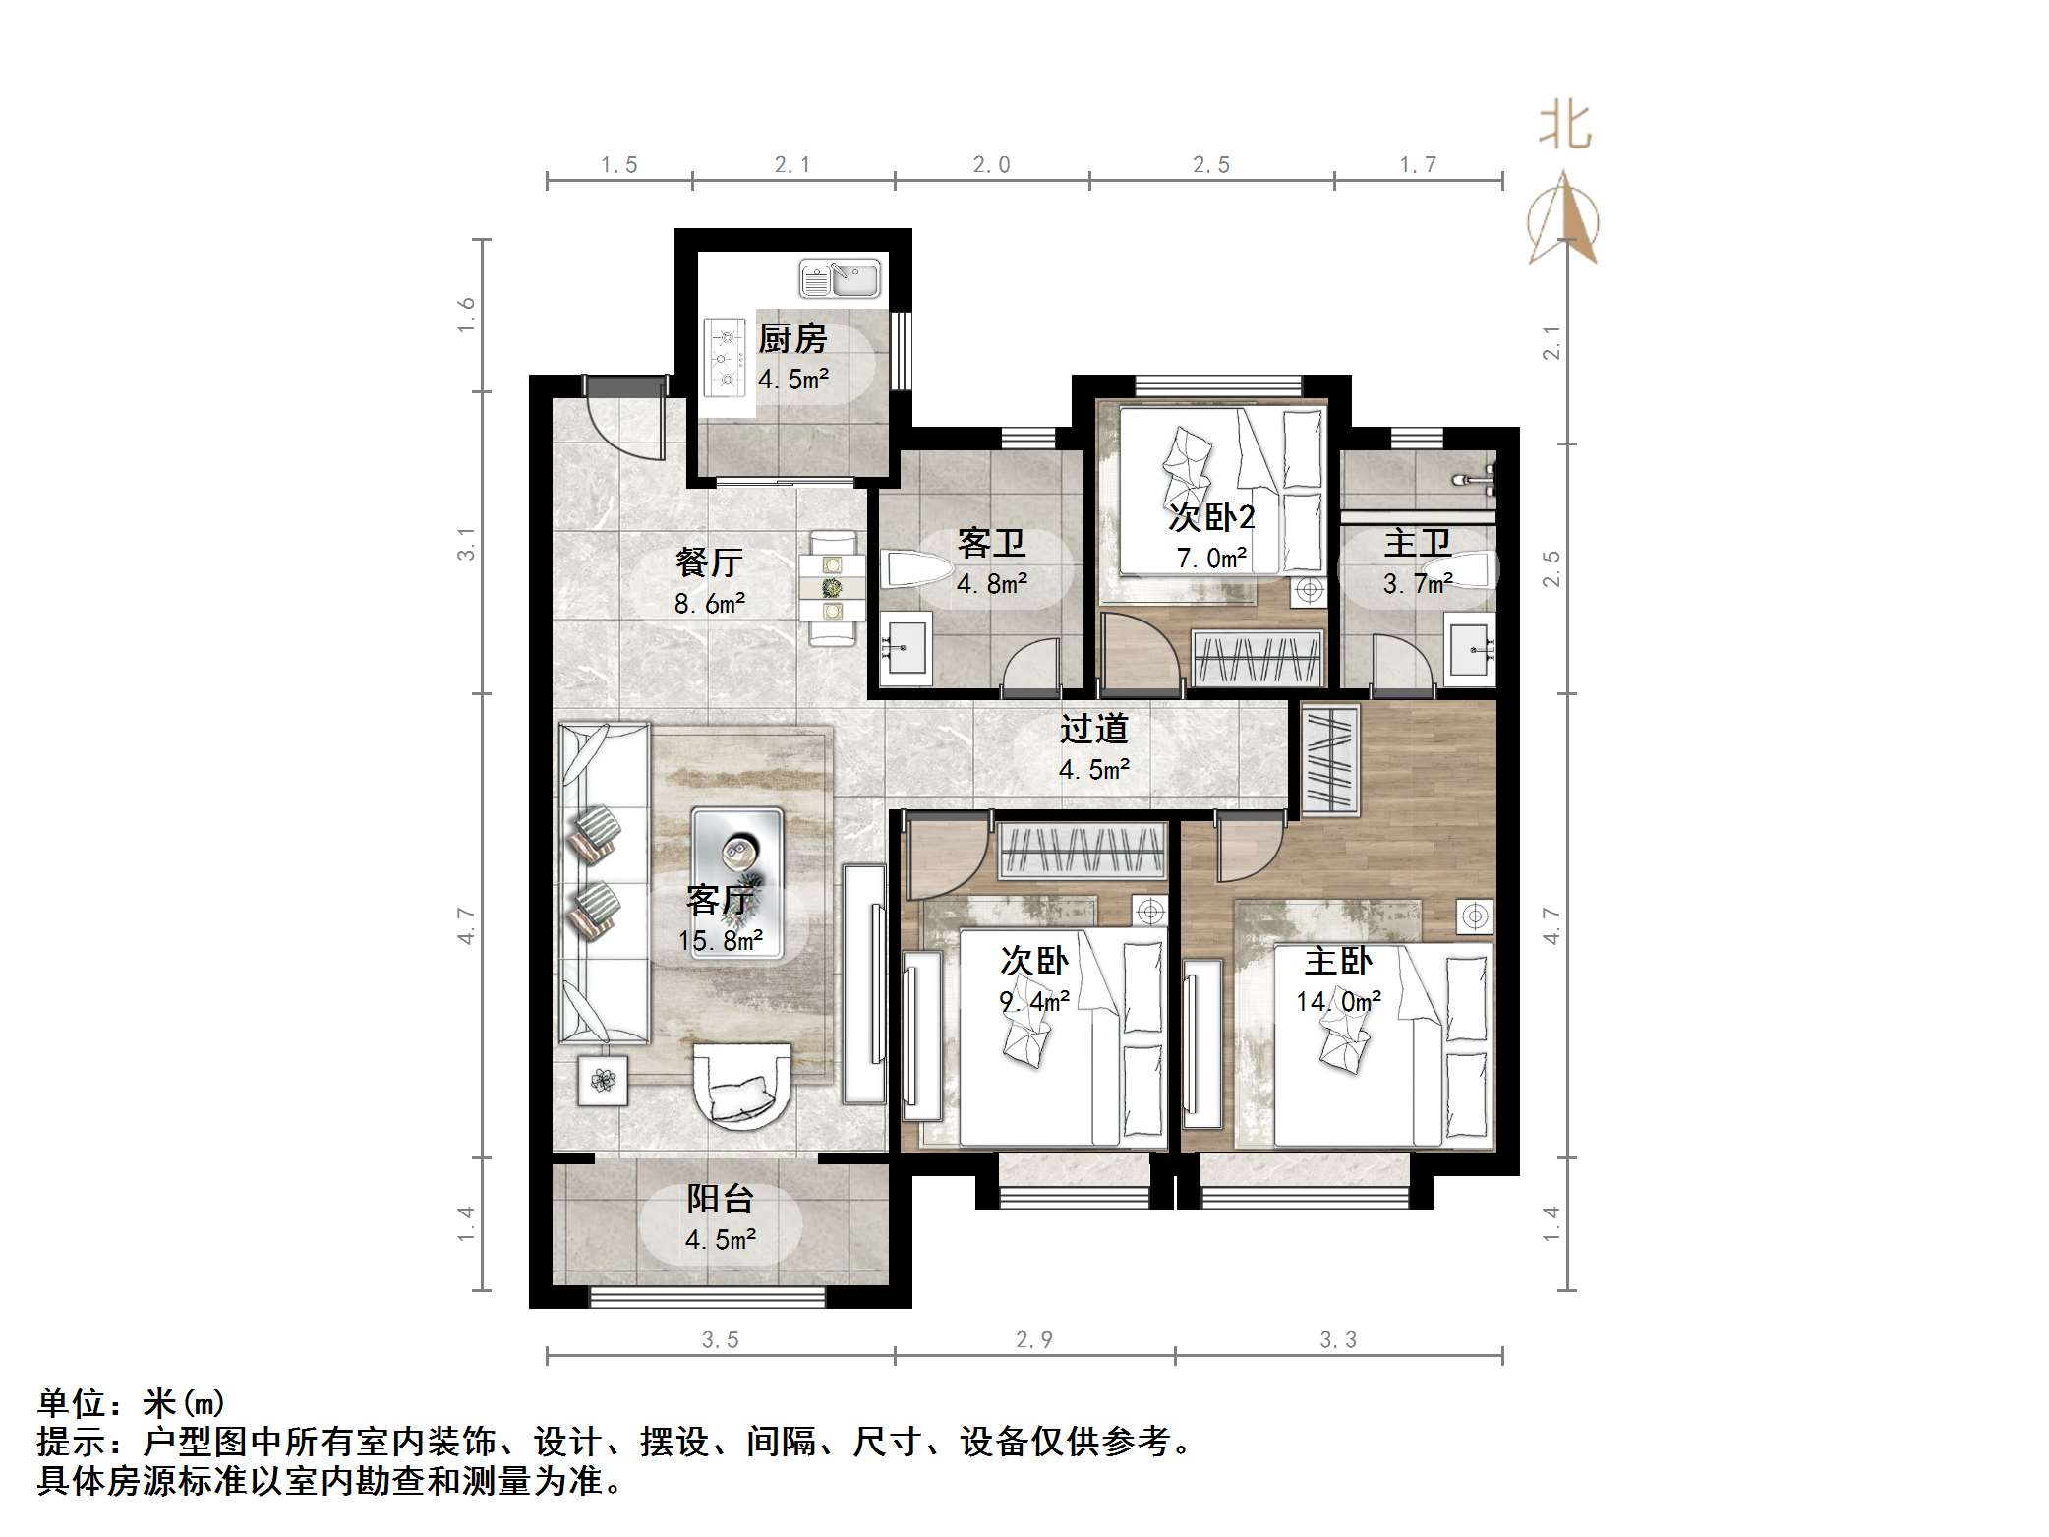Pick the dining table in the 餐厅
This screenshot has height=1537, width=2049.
click(x=833, y=588)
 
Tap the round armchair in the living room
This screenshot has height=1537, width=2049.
click(x=742, y=1088)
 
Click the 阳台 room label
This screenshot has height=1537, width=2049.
click(x=721, y=1199)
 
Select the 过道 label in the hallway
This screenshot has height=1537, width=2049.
click(x=1093, y=729)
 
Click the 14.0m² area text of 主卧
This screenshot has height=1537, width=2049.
click(x=1338, y=1002)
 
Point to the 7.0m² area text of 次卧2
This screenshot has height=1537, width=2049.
click(x=1211, y=559)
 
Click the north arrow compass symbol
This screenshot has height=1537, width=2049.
click(x=1563, y=219)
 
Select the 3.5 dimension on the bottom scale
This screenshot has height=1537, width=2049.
click(x=720, y=1340)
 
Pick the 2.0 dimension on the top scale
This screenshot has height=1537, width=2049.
click(x=991, y=165)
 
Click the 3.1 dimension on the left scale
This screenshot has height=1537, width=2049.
click(x=466, y=544)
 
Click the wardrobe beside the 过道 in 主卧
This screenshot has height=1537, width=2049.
click(x=1330, y=759)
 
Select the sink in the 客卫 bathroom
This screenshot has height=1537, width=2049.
click(x=905, y=646)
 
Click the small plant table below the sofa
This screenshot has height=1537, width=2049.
click(x=602, y=1081)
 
